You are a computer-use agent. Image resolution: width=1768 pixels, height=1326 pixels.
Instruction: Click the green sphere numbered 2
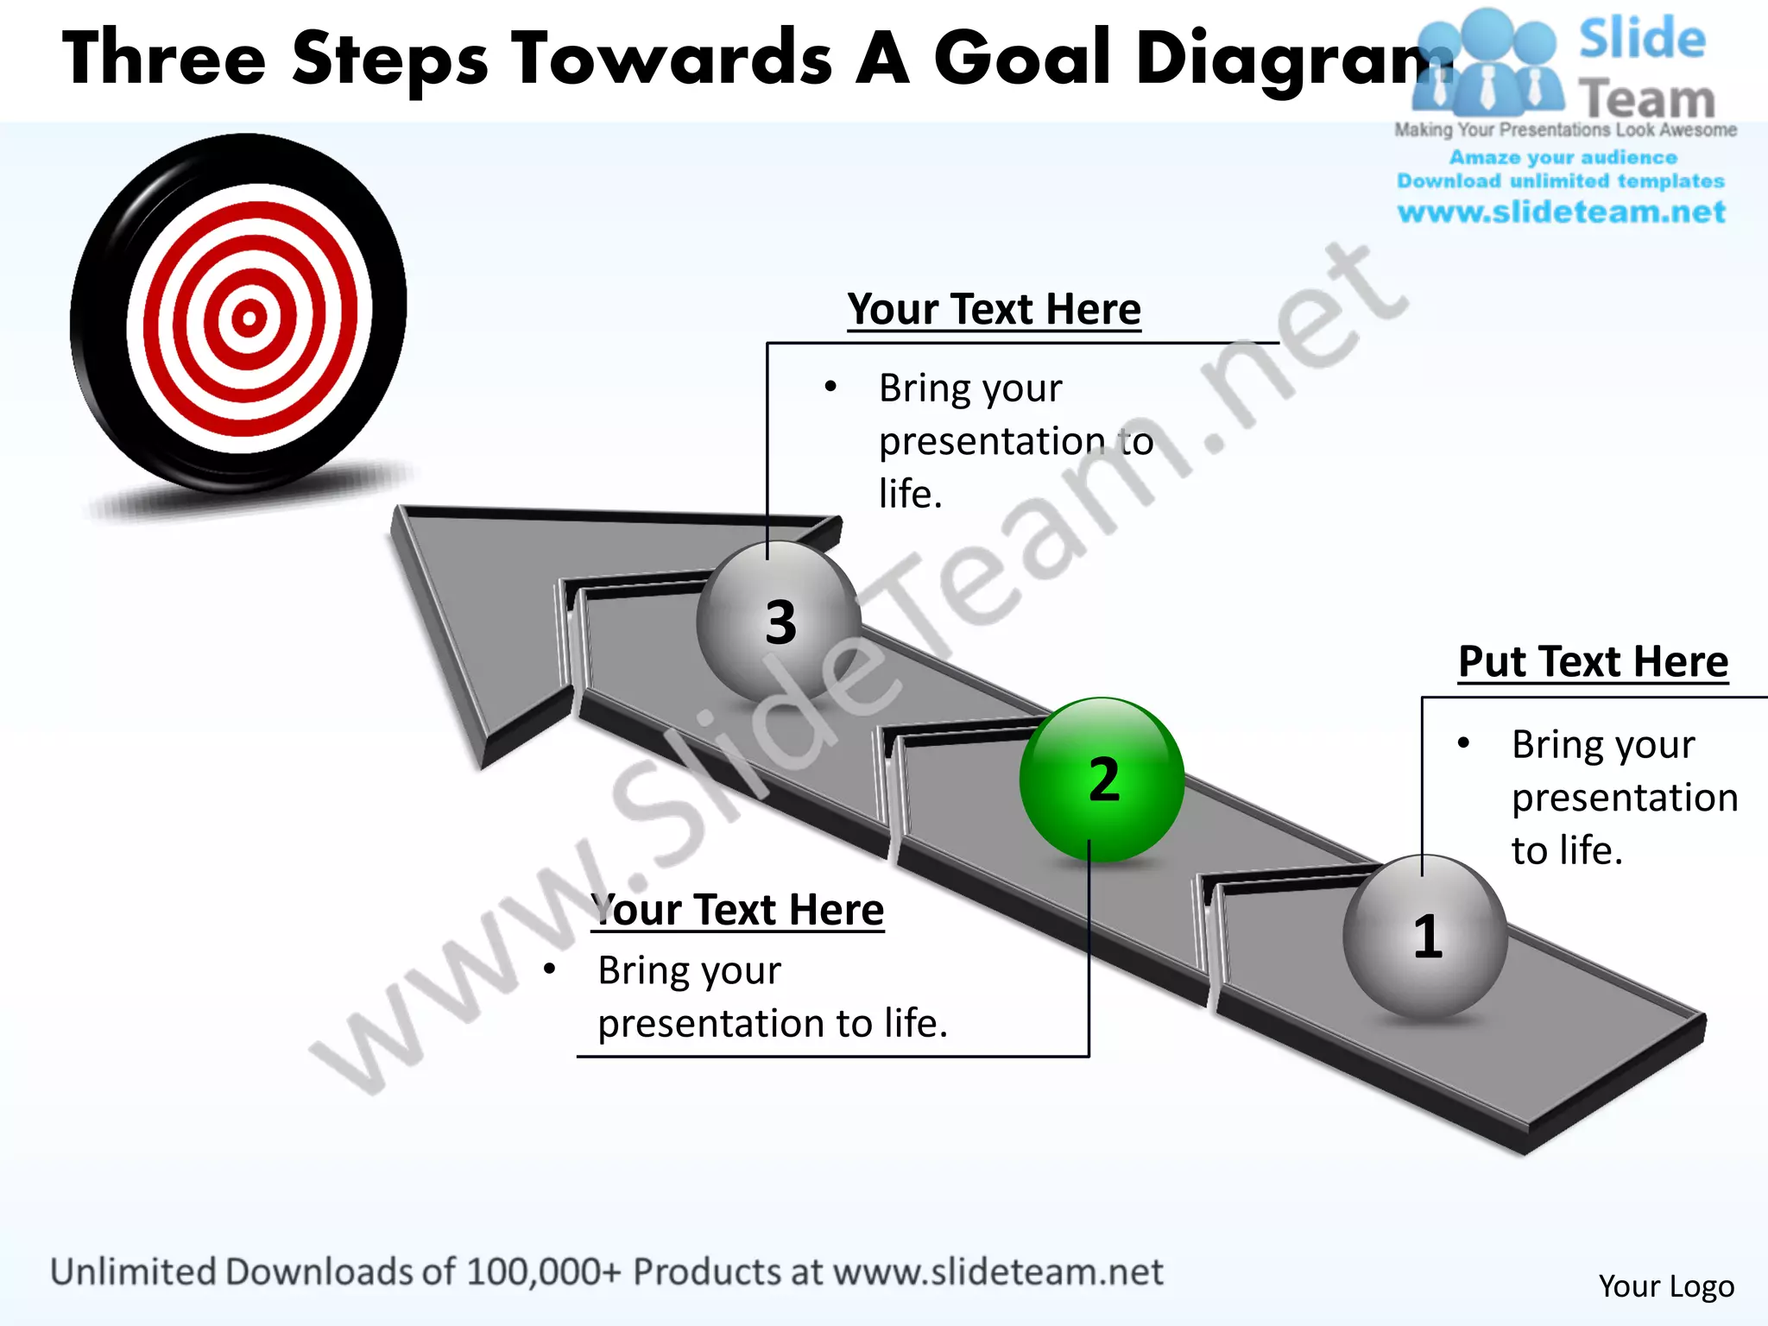click(x=1102, y=779)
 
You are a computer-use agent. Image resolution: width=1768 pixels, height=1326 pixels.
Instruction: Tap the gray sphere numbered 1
click(x=1425, y=936)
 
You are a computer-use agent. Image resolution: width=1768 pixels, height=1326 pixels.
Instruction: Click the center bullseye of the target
click(x=249, y=319)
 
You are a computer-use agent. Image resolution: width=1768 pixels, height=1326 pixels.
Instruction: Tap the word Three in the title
click(x=164, y=58)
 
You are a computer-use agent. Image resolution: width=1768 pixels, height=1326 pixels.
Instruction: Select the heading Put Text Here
click(x=1593, y=662)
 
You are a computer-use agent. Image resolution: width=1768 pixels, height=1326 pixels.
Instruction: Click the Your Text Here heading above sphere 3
click(x=994, y=309)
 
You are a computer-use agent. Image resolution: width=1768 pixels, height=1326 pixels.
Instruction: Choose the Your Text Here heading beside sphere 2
click(x=739, y=910)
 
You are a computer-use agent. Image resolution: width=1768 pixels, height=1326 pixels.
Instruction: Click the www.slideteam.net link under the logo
click(x=1561, y=212)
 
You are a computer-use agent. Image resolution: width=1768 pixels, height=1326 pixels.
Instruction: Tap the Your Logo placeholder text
click(x=1665, y=1285)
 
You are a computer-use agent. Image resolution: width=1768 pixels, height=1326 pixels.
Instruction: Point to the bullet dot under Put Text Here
click(x=1463, y=743)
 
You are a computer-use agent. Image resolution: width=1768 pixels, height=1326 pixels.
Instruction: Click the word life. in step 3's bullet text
click(x=910, y=495)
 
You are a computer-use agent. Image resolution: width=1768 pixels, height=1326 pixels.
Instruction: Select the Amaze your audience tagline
click(x=1563, y=157)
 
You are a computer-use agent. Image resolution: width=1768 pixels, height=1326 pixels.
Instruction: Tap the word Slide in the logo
click(x=1642, y=39)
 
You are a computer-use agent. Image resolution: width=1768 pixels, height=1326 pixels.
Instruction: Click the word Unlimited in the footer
click(x=133, y=1272)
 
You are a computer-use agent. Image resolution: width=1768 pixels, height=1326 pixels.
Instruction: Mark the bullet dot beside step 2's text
click(x=549, y=969)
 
